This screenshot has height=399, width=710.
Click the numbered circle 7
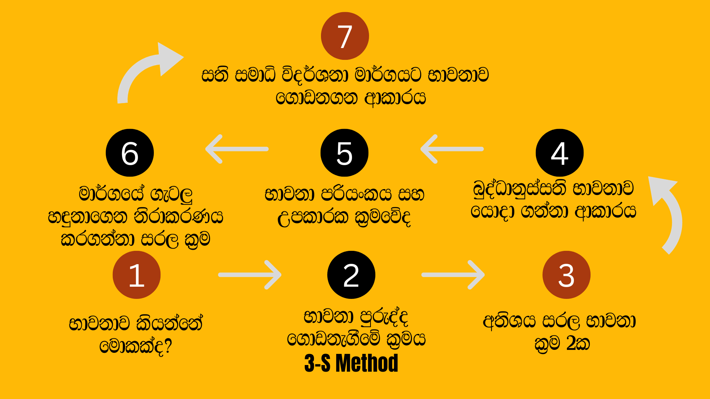click(x=345, y=36)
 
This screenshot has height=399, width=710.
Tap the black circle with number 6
click(x=130, y=153)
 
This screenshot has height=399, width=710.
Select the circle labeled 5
click(x=344, y=153)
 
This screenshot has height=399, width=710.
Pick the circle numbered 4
click(x=559, y=153)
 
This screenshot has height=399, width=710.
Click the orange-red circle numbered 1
click(x=136, y=275)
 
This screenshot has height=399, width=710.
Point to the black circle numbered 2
click(x=351, y=275)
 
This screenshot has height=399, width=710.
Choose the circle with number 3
click(x=566, y=275)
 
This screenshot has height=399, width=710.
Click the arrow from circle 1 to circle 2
click(x=250, y=275)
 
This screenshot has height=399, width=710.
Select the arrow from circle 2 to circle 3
click(x=453, y=275)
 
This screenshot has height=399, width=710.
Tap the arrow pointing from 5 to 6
click(x=237, y=149)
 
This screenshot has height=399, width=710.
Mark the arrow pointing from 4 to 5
click(x=452, y=149)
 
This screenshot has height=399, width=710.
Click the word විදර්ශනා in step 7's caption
click(x=315, y=75)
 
